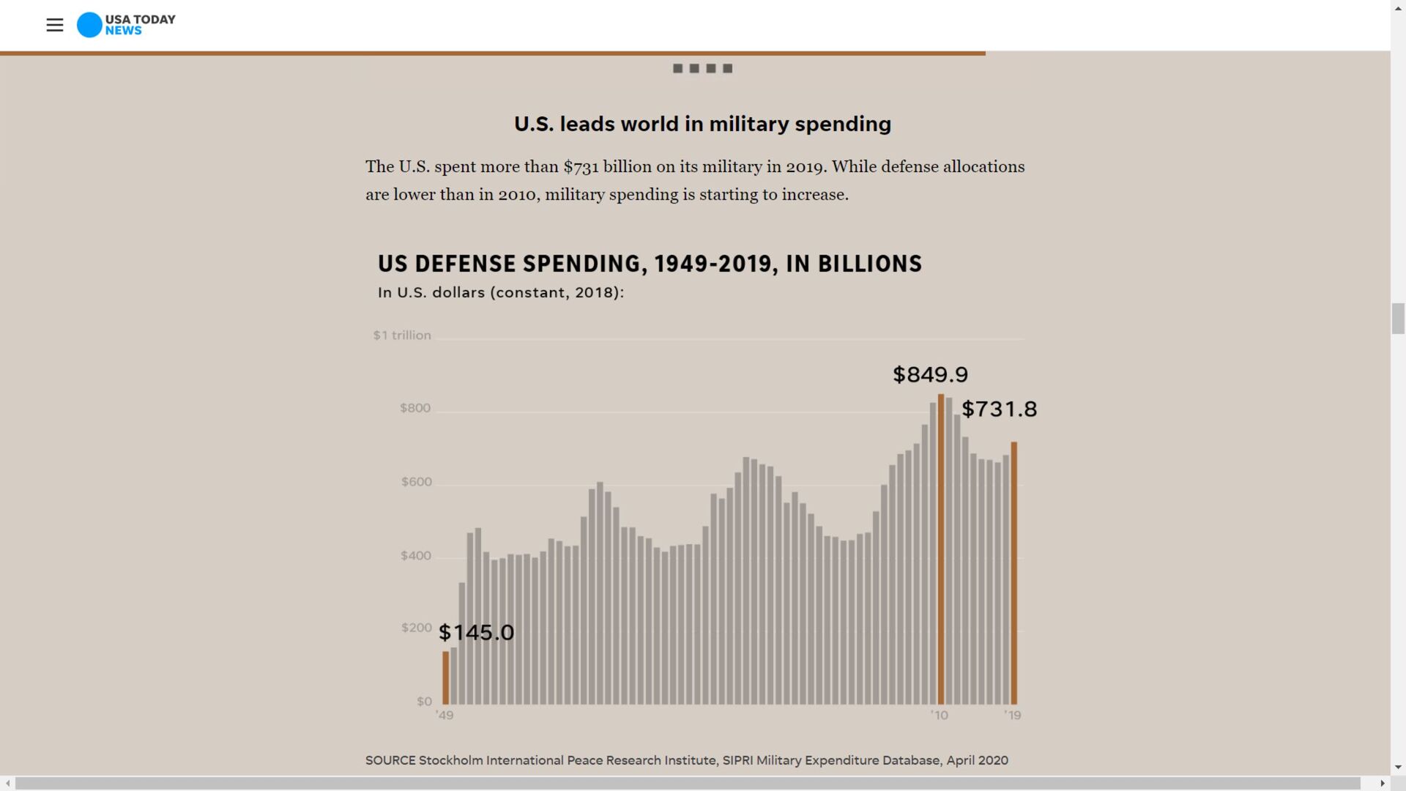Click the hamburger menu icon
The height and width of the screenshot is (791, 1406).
point(55,25)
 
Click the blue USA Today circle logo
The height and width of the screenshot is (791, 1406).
point(89,25)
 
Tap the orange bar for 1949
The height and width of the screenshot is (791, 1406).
point(445,677)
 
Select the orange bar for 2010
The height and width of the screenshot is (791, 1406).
point(941,549)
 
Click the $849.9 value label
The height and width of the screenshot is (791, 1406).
point(930,375)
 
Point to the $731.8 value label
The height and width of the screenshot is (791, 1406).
point(999,409)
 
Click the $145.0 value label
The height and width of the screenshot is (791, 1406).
point(476,633)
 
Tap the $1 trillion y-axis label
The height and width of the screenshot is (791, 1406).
point(402,335)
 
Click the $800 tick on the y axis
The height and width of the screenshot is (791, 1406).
point(415,408)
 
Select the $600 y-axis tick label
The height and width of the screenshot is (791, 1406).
point(417,482)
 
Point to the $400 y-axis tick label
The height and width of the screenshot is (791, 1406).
point(416,556)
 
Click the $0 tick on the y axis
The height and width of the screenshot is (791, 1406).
point(425,702)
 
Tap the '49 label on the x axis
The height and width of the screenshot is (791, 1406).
point(445,716)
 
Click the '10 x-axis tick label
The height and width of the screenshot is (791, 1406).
point(940,716)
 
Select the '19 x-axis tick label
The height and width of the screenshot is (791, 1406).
point(1013,716)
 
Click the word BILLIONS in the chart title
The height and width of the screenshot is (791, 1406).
point(869,264)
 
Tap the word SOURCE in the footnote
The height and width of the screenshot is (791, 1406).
point(390,760)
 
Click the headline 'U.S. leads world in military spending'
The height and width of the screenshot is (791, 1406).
point(702,124)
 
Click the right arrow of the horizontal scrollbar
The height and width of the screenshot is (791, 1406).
point(1382,783)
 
